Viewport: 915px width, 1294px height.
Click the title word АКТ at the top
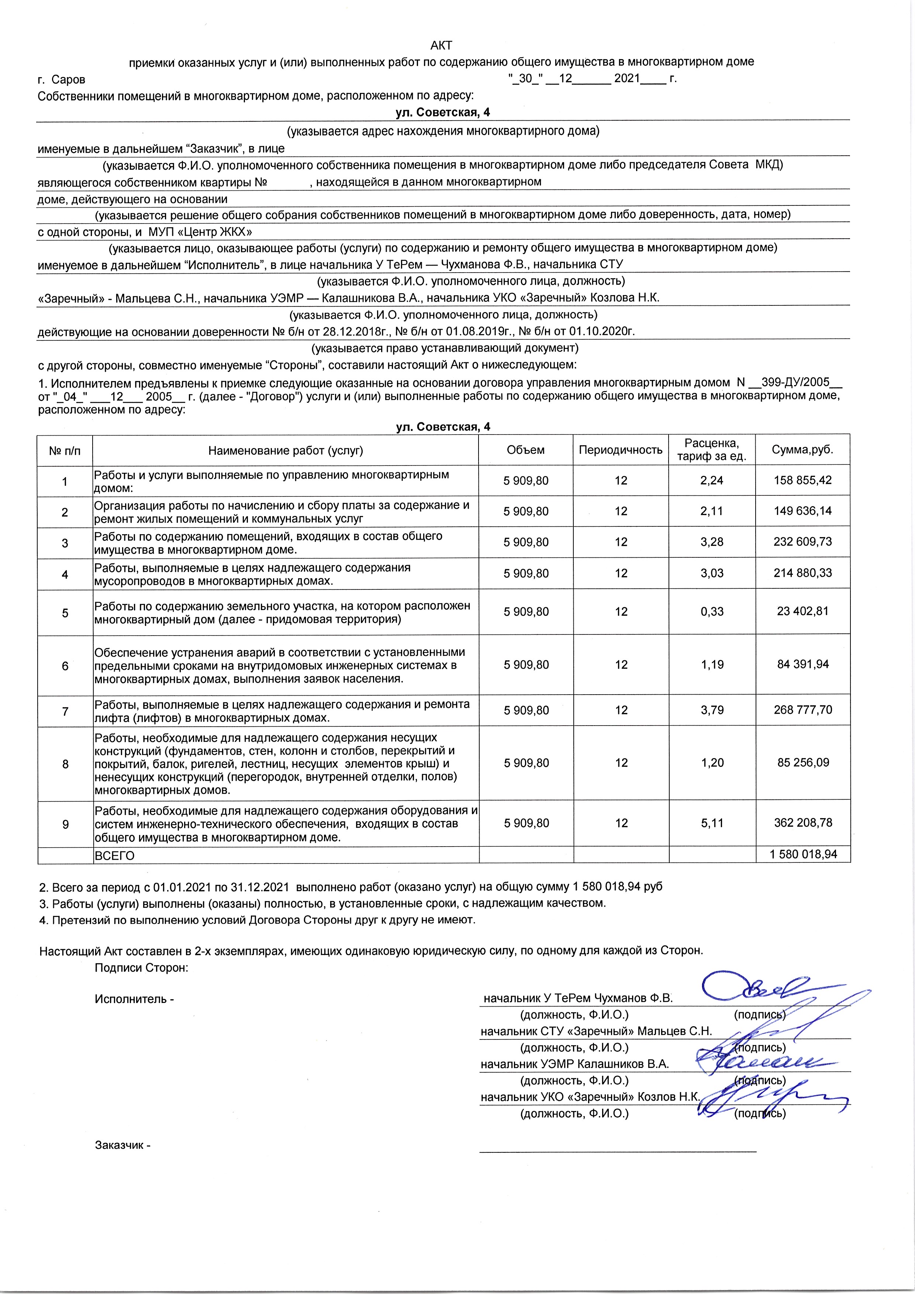tap(441, 45)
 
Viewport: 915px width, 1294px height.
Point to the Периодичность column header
tap(621, 450)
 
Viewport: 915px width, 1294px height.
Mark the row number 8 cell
tap(65, 764)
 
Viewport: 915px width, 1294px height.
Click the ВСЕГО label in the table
tap(114, 855)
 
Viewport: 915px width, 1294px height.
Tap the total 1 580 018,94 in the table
tap(803, 854)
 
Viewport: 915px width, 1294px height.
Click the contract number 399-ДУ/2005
tap(795, 382)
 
